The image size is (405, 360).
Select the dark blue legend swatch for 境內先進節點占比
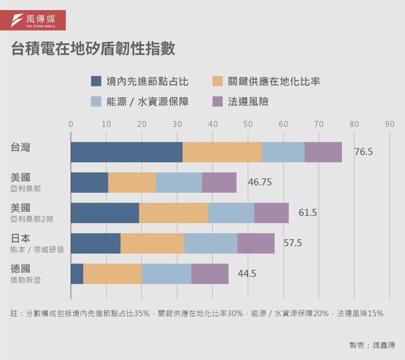(x=96, y=81)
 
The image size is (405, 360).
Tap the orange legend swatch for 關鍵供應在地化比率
(x=217, y=81)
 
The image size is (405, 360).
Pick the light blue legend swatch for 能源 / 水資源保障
(x=96, y=102)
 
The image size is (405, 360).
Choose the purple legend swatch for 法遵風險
(x=217, y=102)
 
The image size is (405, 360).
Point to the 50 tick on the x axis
(x=248, y=124)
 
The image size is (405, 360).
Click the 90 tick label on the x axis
(x=389, y=124)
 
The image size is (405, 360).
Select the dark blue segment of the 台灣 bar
(x=127, y=152)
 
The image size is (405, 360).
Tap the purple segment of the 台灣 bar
(x=323, y=152)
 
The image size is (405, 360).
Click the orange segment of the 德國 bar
(x=112, y=274)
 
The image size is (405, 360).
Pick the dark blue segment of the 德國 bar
(x=77, y=274)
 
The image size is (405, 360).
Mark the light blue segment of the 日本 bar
(x=211, y=243)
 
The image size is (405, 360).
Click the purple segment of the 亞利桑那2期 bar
(x=271, y=213)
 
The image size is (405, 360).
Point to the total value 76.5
(x=363, y=152)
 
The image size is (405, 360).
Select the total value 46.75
(x=260, y=183)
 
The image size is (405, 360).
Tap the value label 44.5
(x=247, y=274)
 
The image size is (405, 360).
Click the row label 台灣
(x=21, y=148)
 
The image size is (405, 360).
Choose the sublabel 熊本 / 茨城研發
(x=37, y=249)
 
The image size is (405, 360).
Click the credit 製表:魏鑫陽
(x=371, y=345)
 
